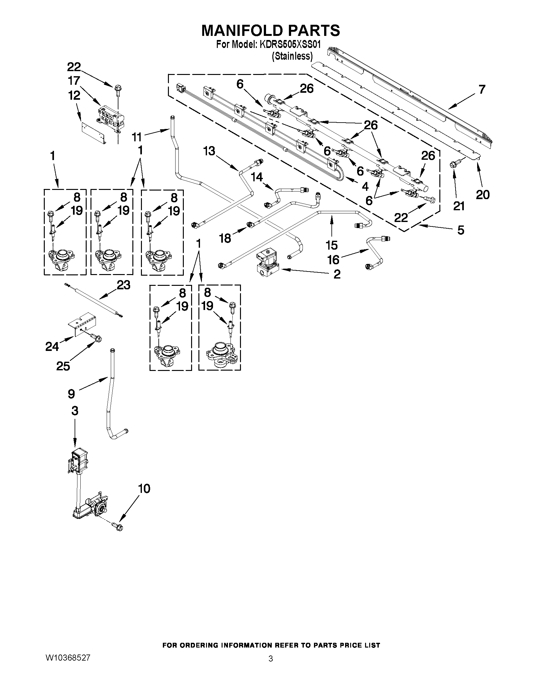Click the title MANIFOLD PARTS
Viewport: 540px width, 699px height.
tap(270, 31)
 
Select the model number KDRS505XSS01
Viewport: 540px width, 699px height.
tap(291, 44)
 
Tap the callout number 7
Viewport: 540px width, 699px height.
tap(482, 89)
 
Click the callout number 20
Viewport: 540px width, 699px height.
tap(483, 194)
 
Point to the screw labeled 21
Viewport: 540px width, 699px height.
tap(453, 165)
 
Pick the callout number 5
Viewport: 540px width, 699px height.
tap(461, 230)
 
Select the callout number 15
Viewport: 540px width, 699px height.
tap(332, 245)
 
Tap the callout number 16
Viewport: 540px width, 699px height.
tap(333, 259)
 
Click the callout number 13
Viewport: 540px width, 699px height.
tap(210, 151)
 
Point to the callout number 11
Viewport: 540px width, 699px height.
tap(137, 137)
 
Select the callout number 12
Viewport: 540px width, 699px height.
tap(74, 95)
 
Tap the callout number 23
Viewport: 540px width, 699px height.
tap(123, 285)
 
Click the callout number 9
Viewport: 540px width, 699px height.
tap(71, 394)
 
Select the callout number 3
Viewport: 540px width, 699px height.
tap(75, 411)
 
